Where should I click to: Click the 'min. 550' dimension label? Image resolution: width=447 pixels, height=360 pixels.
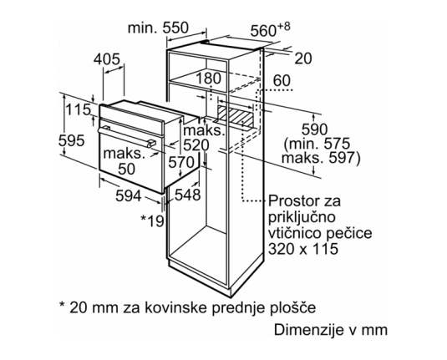tap(158, 28)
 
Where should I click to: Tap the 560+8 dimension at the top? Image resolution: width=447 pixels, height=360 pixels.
tap(270, 29)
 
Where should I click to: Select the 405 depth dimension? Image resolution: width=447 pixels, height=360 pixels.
tap(107, 59)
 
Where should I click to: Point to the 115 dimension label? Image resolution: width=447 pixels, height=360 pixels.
tap(78, 109)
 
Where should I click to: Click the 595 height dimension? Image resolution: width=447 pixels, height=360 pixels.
tap(72, 140)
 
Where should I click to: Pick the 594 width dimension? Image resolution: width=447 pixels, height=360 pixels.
tap(129, 195)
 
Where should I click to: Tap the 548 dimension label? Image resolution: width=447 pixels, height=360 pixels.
tap(188, 195)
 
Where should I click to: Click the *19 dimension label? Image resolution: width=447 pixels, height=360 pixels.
tap(153, 221)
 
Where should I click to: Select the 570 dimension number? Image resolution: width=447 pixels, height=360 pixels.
tap(181, 163)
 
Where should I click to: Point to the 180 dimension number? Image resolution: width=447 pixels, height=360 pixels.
tap(209, 79)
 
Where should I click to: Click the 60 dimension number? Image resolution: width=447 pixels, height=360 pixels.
tap(282, 81)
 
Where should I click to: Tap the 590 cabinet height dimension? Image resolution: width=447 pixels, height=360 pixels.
tap(315, 130)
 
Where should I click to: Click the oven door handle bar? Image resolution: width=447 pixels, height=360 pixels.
tap(127, 136)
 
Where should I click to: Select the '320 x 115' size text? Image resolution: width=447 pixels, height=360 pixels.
tap(303, 249)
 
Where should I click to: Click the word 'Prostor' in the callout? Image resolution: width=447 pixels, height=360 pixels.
tap(292, 200)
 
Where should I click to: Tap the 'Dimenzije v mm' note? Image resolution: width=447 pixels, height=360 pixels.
tap(331, 330)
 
